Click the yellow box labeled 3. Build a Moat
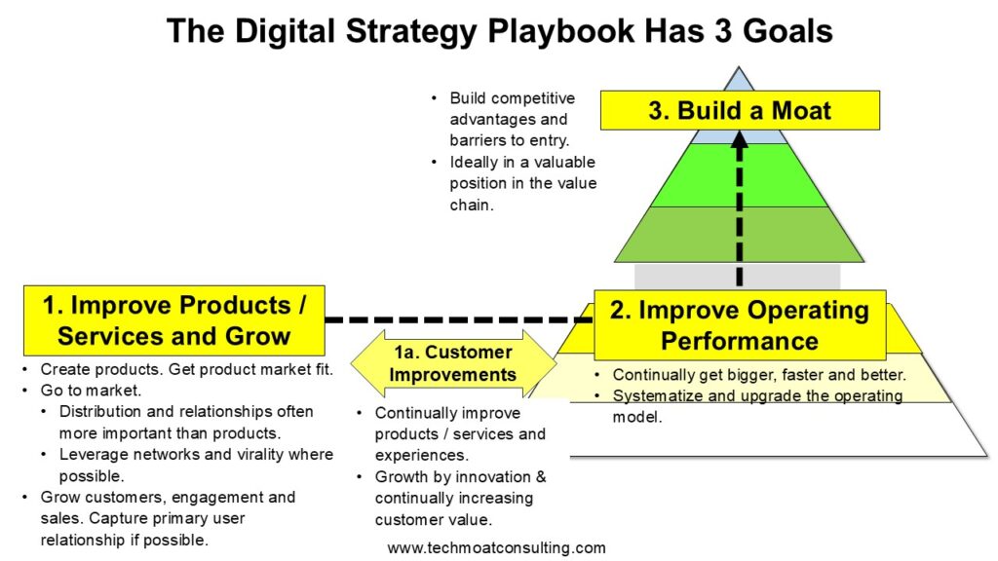[x=740, y=110]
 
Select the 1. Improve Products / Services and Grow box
[x=173, y=320]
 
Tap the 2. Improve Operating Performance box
[x=740, y=325]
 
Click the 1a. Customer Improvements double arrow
[x=453, y=363]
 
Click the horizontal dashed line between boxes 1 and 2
[x=459, y=319]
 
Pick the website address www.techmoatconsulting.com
[x=496, y=547]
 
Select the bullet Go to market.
[x=91, y=390]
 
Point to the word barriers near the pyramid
[x=478, y=140]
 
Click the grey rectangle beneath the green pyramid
[x=737, y=277]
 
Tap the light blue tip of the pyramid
[x=739, y=80]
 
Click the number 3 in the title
[x=723, y=31]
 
